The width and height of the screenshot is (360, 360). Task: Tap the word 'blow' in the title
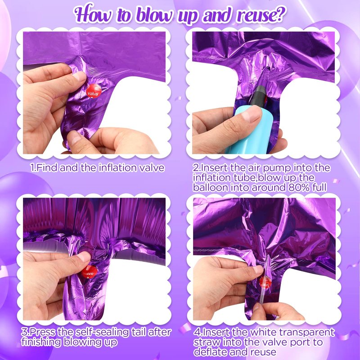coord(154,14)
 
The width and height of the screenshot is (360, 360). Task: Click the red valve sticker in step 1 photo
coord(94,91)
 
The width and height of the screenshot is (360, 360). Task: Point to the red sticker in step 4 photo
coord(265,283)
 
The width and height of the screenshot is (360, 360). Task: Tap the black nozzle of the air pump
coord(257,95)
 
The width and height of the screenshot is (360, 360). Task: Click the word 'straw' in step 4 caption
coord(207,342)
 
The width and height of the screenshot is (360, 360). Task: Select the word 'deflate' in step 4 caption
coord(210,352)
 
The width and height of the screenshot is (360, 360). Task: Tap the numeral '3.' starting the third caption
coord(25,332)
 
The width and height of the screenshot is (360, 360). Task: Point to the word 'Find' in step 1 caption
coord(47,168)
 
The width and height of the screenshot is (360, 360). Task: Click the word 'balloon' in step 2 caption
coord(211,188)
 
